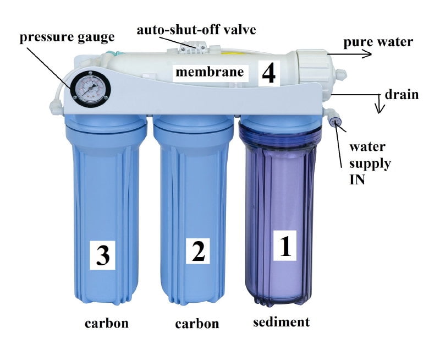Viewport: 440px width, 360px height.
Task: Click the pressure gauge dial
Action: click(x=90, y=88)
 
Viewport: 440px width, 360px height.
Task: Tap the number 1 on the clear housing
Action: click(x=285, y=246)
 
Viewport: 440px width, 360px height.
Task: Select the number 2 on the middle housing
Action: click(x=199, y=251)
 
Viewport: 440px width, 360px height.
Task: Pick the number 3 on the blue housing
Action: click(x=103, y=255)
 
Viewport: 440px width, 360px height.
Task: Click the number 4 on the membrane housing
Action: click(x=268, y=73)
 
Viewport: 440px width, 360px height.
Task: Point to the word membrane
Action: click(x=210, y=72)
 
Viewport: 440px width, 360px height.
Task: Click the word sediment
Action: click(x=282, y=322)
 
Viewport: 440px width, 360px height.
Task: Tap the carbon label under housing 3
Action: click(x=107, y=324)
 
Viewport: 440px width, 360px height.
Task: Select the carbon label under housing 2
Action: click(x=197, y=324)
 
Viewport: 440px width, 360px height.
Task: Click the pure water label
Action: click(x=378, y=42)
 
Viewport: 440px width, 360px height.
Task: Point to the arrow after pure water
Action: click(x=350, y=53)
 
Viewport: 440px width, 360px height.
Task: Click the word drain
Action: click(x=402, y=94)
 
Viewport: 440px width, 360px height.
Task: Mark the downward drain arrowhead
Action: click(x=380, y=110)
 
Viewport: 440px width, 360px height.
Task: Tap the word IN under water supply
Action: click(x=357, y=179)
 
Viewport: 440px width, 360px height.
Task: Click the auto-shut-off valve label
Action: click(x=196, y=30)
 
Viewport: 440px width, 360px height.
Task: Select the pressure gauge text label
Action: click(x=67, y=37)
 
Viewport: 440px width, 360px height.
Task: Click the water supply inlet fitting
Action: click(x=334, y=120)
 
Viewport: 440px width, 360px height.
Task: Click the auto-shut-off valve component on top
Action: click(x=194, y=48)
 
